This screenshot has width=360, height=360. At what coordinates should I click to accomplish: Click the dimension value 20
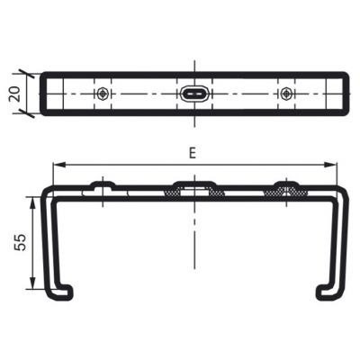pyautogui.click(x=15, y=94)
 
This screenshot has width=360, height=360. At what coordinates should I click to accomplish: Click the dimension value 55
pyautogui.click(x=21, y=242)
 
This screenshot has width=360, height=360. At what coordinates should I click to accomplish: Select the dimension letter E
pyautogui.click(x=193, y=153)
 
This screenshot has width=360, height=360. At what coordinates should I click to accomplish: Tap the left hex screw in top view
pyautogui.click(x=103, y=94)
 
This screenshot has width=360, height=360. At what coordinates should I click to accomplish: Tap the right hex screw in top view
pyautogui.click(x=286, y=94)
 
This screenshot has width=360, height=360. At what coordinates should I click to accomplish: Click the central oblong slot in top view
pyautogui.click(x=194, y=94)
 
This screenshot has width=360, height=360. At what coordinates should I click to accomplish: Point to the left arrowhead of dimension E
pyautogui.click(x=58, y=165)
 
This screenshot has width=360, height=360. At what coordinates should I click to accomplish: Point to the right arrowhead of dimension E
pyautogui.click(x=330, y=165)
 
